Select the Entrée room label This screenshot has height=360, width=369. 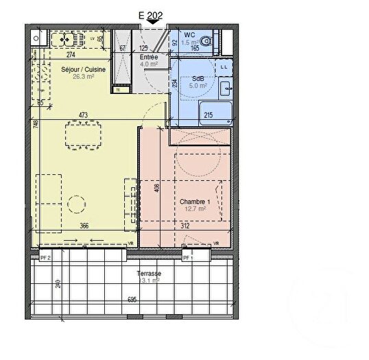pyautogui.click(x=149, y=58)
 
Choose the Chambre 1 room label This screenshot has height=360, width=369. pyautogui.click(x=193, y=202)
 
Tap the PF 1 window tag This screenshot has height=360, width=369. pyautogui.click(x=186, y=256)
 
